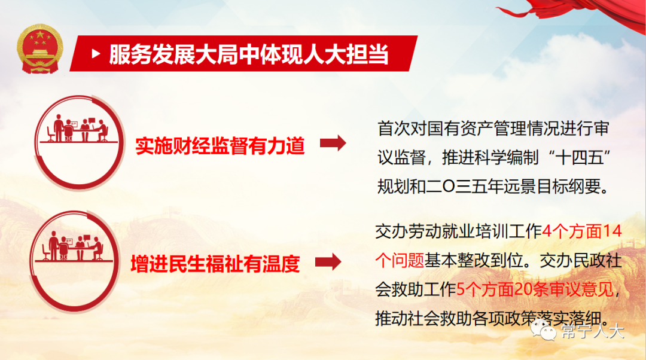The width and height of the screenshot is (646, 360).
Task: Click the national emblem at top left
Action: point(40,48)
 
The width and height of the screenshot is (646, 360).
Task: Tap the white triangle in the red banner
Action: point(96,54)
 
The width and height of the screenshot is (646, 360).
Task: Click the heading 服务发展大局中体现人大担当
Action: point(249,54)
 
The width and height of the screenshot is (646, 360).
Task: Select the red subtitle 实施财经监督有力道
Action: point(220,146)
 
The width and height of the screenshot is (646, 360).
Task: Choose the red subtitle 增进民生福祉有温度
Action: point(215,264)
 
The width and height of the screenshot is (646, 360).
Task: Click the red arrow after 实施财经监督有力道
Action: point(333,144)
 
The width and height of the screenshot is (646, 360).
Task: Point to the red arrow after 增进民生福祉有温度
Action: point(328,262)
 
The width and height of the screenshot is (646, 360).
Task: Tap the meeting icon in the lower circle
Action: point(73,246)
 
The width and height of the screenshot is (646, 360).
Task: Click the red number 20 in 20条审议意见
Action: point(523,289)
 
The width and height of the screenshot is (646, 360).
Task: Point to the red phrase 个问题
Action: point(400,260)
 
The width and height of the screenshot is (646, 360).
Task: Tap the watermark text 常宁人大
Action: point(592,331)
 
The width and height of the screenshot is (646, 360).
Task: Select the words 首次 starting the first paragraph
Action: point(394,129)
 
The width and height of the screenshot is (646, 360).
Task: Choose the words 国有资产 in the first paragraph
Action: point(460,129)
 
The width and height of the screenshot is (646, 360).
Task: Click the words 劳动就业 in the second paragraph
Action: point(441,231)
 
